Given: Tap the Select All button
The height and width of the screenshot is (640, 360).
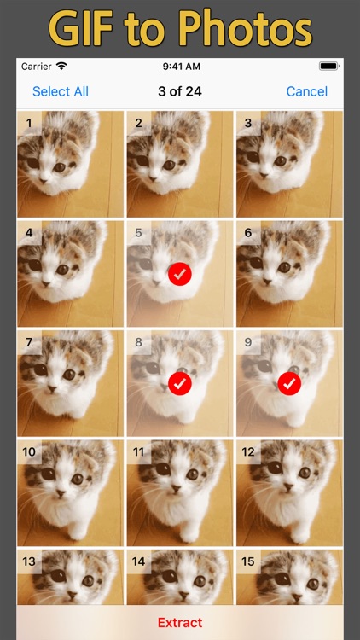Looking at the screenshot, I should pyautogui.click(x=60, y=91).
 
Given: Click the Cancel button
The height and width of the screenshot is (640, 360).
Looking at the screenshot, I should pyautogui.click(x=307, y=91).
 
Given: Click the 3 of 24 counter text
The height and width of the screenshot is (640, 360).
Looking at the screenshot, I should pyautogui.click(x=179, y=91).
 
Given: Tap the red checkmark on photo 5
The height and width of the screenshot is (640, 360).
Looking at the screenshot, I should pyautogui.click(x=180, y=274).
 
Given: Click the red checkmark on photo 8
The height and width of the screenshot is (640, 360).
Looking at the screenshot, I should pyautogui.click(x=180, y=383).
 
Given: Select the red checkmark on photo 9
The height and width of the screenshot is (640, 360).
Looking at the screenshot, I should pyautogui.click(x=289, y=383).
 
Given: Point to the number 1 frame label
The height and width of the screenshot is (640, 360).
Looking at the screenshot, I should pyautogui.click(x=29, y=123).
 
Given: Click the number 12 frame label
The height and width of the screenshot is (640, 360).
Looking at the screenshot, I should pyautogui.click(x=249, y=451).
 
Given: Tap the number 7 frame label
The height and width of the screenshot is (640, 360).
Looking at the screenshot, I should pyautogui.click(x=29, y=342).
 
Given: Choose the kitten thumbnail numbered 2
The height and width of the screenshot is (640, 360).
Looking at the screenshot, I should pyautogui.click(x=179, y=164).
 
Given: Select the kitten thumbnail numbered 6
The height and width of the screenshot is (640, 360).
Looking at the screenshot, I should pyautogui.click(x=288, y=273).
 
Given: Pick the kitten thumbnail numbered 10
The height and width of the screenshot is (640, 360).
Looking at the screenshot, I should pyautogui.click(x=70, y=492).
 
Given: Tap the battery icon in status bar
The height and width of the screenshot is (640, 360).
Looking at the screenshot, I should pyautogui.click(x=328, y=67).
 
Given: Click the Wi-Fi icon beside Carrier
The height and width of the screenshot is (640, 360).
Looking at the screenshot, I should pyautogui.click(x=61, y=67).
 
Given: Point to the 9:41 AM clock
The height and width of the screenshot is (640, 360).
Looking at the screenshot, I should pyautogui.click(x=179, y=67).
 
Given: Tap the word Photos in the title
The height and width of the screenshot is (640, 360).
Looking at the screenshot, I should pyautogui.click(x=246, y=30).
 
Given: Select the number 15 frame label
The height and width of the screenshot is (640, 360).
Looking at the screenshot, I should pyautogui.click(x=249, y=561).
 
